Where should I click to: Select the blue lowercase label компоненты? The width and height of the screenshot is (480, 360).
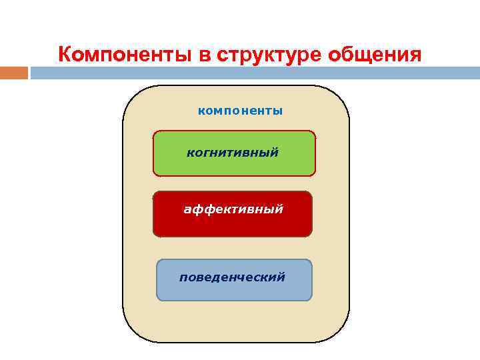[240, 111]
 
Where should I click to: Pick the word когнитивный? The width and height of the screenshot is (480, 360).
[232, 153]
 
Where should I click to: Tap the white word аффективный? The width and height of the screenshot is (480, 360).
[233, 209]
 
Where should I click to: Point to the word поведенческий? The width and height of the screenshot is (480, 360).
[232, 277]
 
